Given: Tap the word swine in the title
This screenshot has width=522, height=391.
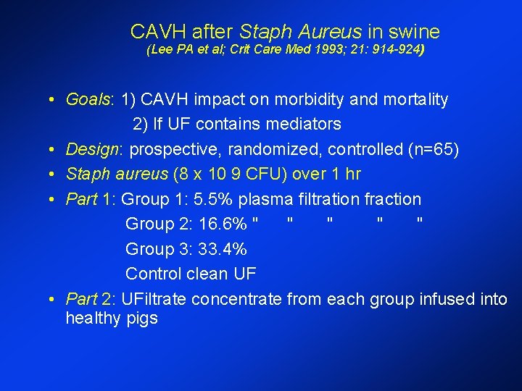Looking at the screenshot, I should [414, 32].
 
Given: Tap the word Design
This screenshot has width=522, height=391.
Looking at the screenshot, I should [91, 149].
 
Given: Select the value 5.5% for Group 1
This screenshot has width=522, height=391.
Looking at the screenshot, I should [214, 199].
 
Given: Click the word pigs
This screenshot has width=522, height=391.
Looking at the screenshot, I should [141, 319].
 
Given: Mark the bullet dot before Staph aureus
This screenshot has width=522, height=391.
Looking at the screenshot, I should [54, 175].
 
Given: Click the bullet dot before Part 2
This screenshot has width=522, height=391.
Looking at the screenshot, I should [54, 300].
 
